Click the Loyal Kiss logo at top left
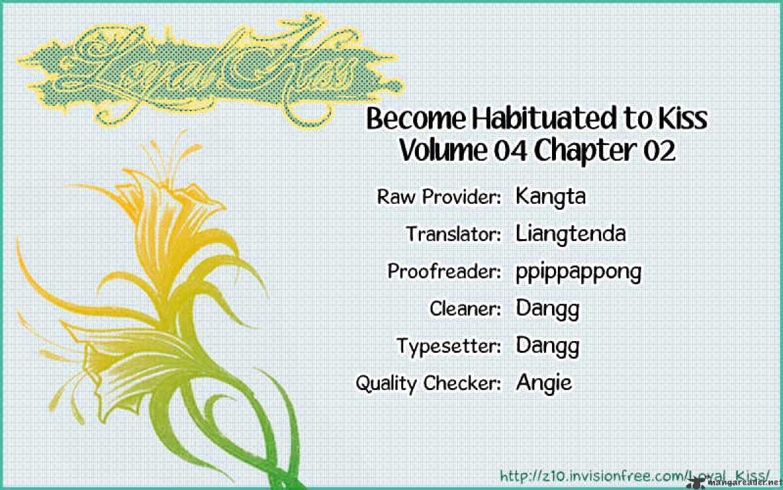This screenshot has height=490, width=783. point(209,70)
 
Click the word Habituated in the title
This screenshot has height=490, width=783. point(544,119)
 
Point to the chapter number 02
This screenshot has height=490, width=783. point(659,151)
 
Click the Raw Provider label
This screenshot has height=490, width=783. point(439,197)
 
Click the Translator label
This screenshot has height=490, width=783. point(453,234)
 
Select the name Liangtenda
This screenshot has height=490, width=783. point(571,233)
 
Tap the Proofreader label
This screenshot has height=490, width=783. point(444,271)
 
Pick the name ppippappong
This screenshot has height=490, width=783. point(579,272)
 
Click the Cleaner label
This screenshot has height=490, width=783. point(465,308)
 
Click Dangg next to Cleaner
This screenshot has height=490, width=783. point(547,310)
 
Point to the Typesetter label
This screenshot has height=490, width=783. point(449,346)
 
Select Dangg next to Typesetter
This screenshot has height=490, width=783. point(547,346)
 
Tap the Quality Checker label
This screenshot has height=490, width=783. point(429,384)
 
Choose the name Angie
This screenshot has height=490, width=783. point(544,383)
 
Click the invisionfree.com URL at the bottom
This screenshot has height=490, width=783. point(635,476)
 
